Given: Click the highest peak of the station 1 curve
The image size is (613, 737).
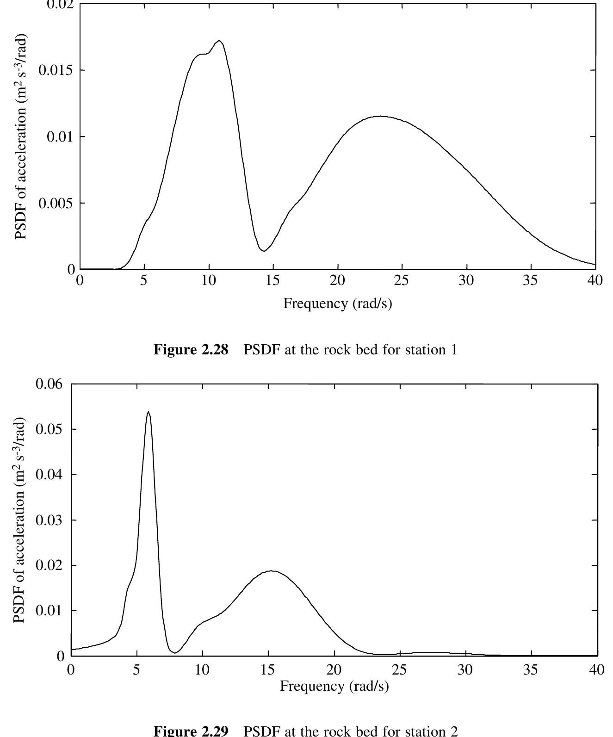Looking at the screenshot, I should [x=219, y=41].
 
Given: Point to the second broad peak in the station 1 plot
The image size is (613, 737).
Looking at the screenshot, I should [x=380, y=116].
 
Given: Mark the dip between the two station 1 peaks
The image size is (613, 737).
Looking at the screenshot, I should [x=264, y=251].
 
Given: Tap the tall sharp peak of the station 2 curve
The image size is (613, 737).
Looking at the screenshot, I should [x=148, y=412].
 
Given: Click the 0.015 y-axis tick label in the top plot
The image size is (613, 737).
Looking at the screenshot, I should [x=56, y=70].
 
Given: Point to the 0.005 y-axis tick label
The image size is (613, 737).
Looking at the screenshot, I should [x=56, y=203].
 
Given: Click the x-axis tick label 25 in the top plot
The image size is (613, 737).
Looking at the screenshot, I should [x=402, y=281].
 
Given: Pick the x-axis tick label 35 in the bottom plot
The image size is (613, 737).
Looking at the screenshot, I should [x=531, y=669].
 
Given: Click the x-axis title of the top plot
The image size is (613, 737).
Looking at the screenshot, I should [x=337, y=303].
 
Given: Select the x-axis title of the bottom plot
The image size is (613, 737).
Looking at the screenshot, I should [x=334, y=686].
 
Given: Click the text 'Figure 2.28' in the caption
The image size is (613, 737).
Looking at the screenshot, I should [x=191, y=350].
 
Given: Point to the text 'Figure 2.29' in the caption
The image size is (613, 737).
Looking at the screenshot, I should [x=191, y=731].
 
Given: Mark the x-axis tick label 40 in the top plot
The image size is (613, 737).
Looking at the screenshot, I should [x=595, y=281].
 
